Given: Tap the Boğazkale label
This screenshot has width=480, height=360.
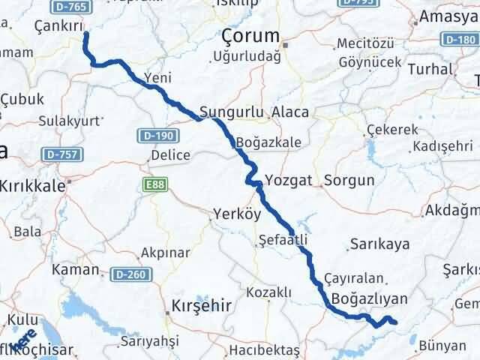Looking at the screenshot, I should tap(268, 142).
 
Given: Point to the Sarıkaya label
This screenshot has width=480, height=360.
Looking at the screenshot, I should tap(378, 244).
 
